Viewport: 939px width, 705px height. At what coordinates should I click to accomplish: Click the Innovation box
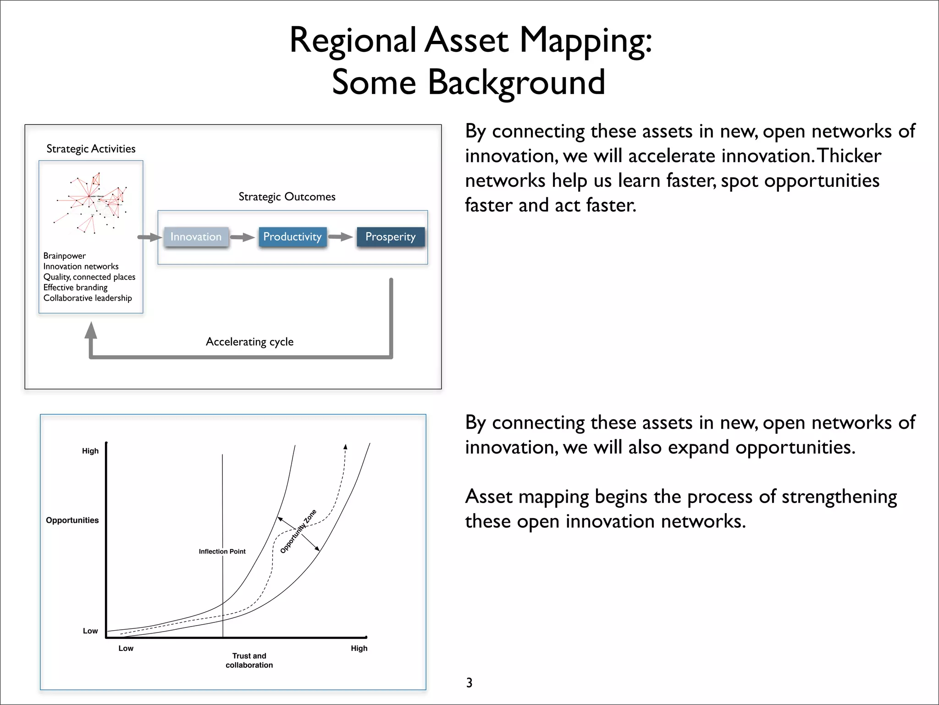tap(196, 237)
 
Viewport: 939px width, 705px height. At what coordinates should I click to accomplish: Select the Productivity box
tap(293, 237)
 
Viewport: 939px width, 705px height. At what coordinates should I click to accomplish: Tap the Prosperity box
tap(390, 237)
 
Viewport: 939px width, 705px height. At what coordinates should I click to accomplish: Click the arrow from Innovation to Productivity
tap(243, 237)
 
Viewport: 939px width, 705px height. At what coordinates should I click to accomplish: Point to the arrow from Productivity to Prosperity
tap(341, 237)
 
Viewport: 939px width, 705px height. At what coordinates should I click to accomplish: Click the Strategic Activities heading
tap(91, 149)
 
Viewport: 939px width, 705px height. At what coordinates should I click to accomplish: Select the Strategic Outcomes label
tap(287, 197)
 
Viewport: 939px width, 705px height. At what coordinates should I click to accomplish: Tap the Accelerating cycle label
tap(249, 341)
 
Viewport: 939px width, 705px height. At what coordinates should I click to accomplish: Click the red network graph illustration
tap(92, 202)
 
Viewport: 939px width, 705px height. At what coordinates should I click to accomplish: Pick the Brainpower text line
tap(65, 256)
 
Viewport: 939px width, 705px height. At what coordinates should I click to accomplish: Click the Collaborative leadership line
tap(88, 298)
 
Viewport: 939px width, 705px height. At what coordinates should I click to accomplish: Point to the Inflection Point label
tap(222, 551)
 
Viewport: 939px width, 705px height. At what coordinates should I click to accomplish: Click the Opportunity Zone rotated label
tap(298, 531)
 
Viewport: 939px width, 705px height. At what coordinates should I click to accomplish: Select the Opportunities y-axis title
tap(72, 520)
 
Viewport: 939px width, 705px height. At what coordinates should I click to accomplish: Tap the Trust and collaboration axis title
tap(249, 660)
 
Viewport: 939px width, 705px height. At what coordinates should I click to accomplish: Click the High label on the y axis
tap(90, 451)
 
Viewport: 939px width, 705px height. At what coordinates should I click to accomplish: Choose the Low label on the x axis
tap(126, 648)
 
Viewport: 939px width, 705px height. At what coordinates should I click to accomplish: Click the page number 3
tap(469, 683)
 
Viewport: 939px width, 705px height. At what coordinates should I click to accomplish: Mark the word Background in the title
tap(516, 83)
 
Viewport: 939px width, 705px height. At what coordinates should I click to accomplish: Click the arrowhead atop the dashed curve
tap(346, 446)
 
